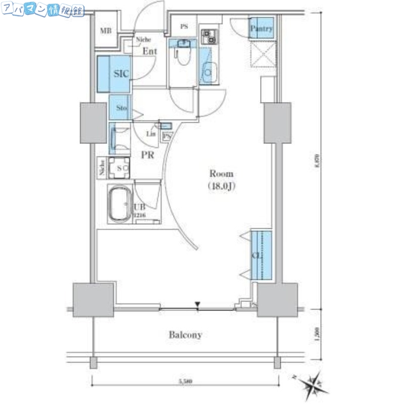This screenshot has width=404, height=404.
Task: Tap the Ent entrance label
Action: click(x=149, y=52)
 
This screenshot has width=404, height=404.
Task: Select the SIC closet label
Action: click(x=121, y=74)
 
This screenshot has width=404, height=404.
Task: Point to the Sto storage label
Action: click(x=121, y=108)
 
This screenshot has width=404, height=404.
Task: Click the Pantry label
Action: click(x=262, y=29)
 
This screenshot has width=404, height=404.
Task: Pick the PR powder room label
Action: click(x=147, y=156)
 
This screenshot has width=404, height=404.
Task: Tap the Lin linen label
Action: click(x=150, y=134)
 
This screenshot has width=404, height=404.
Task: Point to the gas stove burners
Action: click(x=208, y=36)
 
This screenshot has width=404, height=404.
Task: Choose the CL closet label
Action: click(x=257, y=256)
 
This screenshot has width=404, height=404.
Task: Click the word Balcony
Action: click(x=185, y=334)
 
